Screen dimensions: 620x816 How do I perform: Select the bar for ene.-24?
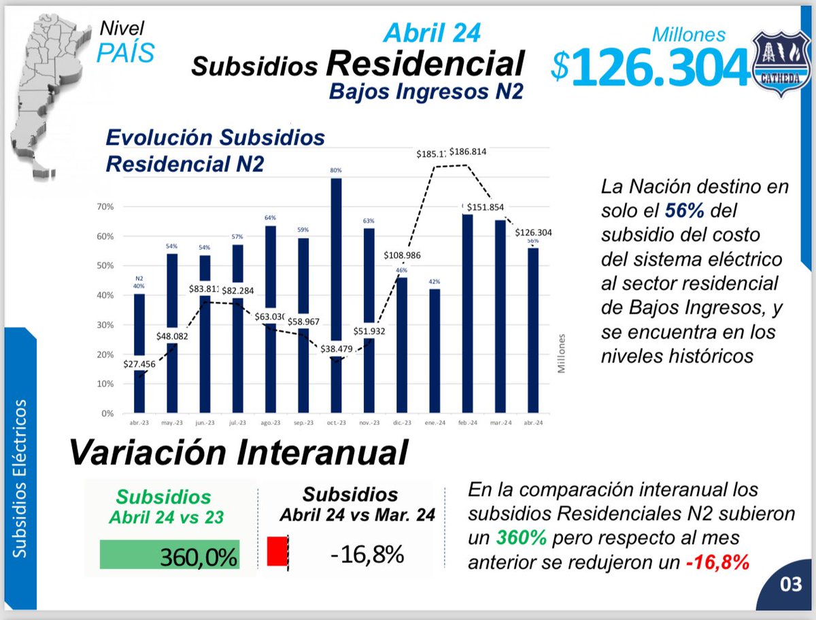click(x=434, y=351)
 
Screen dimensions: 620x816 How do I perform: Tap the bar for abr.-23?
click(x=139, y=354)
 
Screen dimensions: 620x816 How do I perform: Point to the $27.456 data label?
click(x=140, y=364)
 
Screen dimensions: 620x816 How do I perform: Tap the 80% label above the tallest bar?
click(x=336, y=171)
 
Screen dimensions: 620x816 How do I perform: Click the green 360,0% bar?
click(x=169, y=555)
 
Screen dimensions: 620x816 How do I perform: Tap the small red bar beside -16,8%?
click(x=277, y=551)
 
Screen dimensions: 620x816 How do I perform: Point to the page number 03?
click(x=791, y=584)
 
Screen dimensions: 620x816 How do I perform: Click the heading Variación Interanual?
click(x=239, y=452)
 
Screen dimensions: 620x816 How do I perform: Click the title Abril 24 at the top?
click(x=432, y=33)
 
